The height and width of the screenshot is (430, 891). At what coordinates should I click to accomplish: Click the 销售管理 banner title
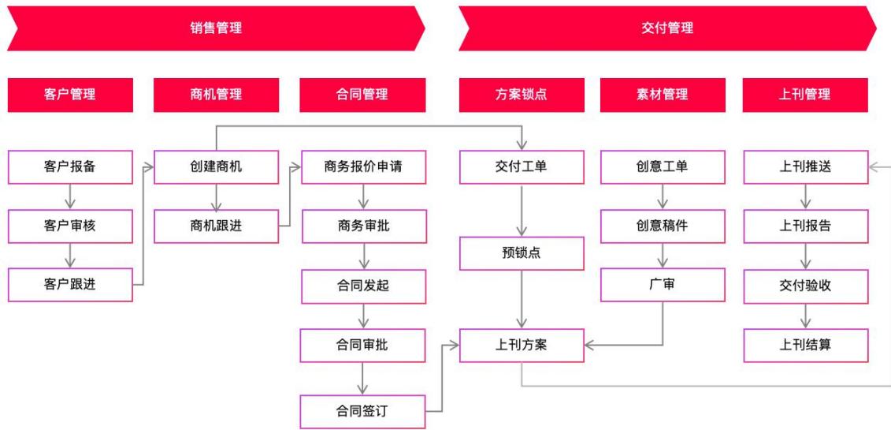pyautogui.click(x=216, y=28)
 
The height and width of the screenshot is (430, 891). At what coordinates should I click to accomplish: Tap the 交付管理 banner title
pyautogui.click(x=667, y=28)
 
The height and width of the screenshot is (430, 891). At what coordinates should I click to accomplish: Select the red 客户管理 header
pyautogui.click(x=70, y=95)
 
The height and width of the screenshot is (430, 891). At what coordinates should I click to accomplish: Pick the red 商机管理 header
pyautogui.click(x=216, y=95)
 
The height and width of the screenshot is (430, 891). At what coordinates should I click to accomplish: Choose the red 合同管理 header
pyautogui.click(x=362, y=95)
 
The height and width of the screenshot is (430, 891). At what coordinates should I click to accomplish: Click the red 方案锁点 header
pyautogui.click(x=522, y=95)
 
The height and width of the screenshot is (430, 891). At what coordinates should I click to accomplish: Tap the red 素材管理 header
pyautogui.click(x=663, y=95)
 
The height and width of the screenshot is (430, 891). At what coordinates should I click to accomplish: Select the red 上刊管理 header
pyautogui.click(x=805, y=95)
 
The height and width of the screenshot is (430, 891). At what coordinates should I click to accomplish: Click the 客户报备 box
pyautogui.click(x=70, y=167)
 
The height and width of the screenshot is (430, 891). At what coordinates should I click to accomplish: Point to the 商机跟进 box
pyautogui.click(x=216, y=226)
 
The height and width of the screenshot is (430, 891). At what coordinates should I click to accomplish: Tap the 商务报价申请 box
pyautogui.click(x=364, y=167)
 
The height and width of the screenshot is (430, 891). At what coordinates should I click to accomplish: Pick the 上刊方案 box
pyautogui.click(x=522, y=346)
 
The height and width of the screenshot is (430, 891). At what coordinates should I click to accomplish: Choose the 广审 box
pyautogui.click(x=663, y=284)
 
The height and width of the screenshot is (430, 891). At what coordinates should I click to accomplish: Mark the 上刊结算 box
pyautogui.click(x=806, y=346)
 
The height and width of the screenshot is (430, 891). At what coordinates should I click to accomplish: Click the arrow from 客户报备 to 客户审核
pyautogui.click(x=70, y=196)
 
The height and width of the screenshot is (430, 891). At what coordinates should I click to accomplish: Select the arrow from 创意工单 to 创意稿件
pyautogui.click(x=663, y=196)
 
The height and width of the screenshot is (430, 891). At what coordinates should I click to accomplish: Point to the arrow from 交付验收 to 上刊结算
pyautogui.click(x=806, y=316)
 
